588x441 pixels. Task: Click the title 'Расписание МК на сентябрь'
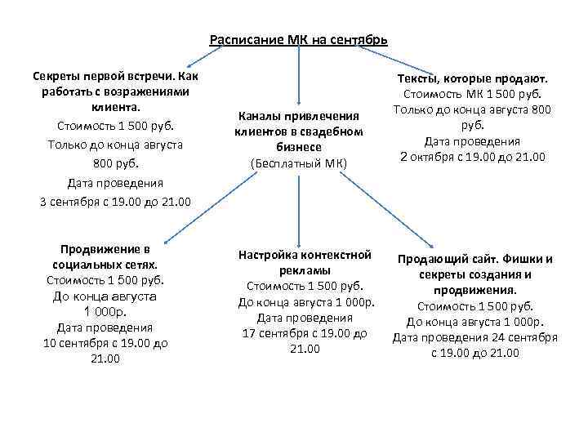(299, 40)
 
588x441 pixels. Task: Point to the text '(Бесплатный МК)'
(299, 163)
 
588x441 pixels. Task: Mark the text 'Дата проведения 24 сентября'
(474, 337)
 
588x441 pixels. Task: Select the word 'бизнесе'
(299, 147)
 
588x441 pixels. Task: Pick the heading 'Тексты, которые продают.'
(472, 78)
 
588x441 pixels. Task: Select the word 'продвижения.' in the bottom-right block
(474, 290)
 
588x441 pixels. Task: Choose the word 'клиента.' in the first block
(115, 107)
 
